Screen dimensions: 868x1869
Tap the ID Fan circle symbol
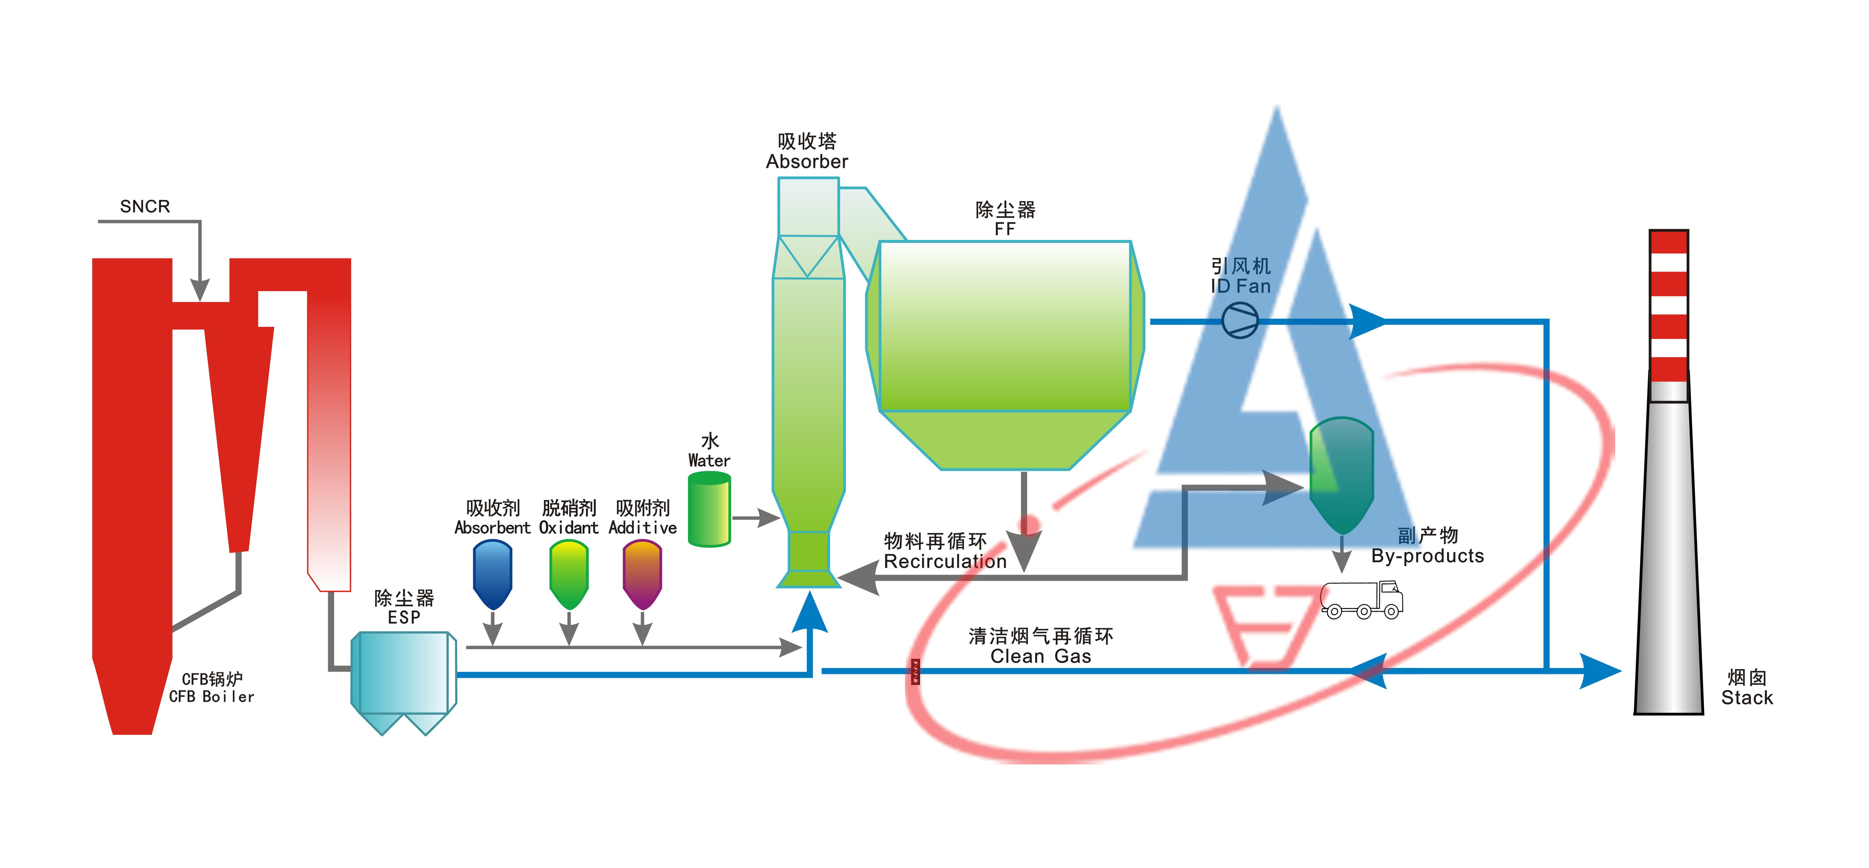click(1240, 321)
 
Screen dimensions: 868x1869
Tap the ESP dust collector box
click(403, 674)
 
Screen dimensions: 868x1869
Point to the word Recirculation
click(945, 561)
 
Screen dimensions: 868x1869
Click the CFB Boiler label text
click(212, 696)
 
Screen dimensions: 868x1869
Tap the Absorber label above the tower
click(807, 161)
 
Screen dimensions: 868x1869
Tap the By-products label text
click(1427, 556)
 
